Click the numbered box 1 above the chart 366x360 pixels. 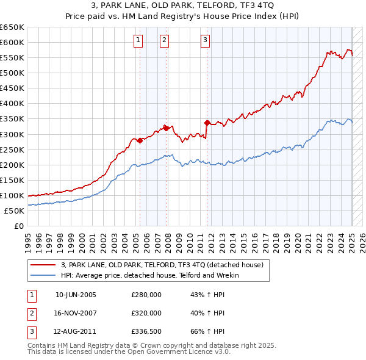pos(139,41)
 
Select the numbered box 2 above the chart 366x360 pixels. pos(165,41)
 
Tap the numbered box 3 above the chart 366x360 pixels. pos(206,41)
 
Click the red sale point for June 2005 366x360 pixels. pos(140,140)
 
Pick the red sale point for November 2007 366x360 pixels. pos(166,128)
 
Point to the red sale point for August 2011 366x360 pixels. pos(207,123)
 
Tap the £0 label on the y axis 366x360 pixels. pos(19,226)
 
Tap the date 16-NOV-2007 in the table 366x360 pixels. pos(76,313)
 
